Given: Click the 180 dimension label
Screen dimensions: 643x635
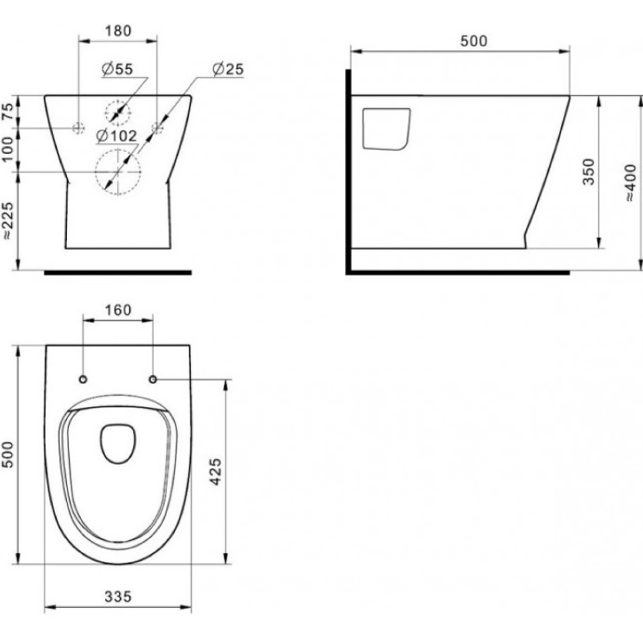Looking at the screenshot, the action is pos(118,31).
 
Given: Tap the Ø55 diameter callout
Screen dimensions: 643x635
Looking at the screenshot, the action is pos(117,69).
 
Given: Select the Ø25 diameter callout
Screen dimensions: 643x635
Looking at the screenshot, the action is pos(228,69).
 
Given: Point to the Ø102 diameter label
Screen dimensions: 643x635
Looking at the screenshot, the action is pos(116,135).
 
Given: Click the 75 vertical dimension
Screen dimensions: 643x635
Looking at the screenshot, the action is pos(7,112).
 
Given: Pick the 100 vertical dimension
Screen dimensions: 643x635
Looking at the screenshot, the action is pos(7,149).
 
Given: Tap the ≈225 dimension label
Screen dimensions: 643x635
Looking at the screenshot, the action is pos(7,221).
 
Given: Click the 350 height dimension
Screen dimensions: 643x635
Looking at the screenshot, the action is pos(588,172).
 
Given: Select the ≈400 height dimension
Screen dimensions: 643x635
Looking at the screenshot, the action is pos(630,182).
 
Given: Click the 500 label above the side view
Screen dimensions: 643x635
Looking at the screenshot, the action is pos(474,41).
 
